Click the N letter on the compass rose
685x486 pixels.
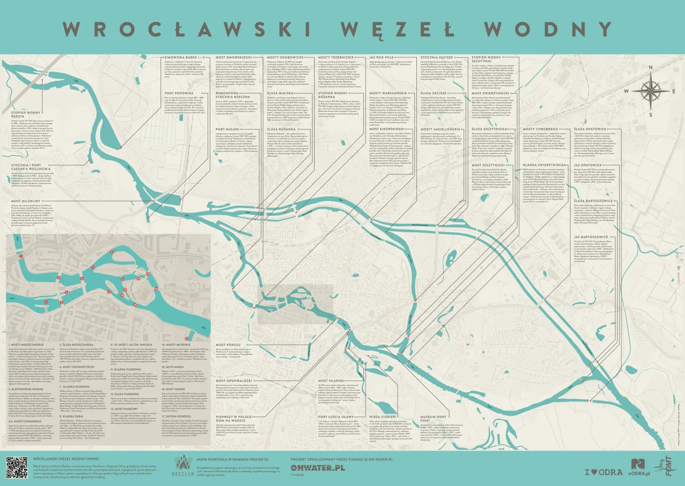point(651,67)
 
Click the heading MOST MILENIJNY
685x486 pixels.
point(26,201)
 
